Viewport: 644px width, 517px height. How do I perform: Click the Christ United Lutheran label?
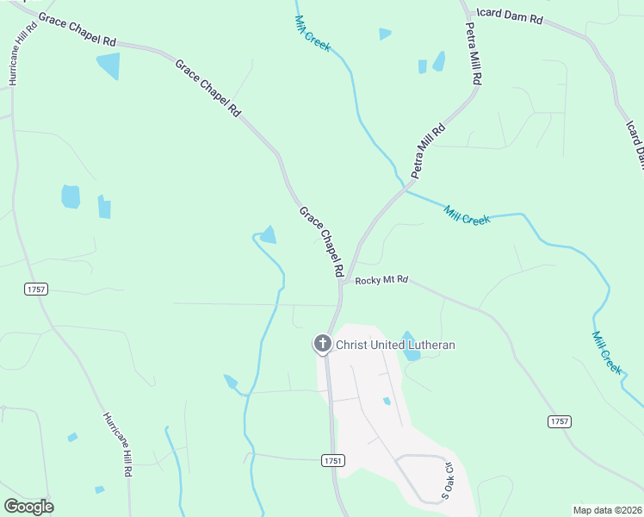click(x=395, y=346)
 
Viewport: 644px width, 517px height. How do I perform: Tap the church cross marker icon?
click(x=323, y=345)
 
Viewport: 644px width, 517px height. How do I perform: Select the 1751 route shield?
click(x=334, y=461)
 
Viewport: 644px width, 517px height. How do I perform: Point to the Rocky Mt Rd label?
click(x=381, y=280)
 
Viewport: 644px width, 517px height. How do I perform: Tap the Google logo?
click(x=28, y=507)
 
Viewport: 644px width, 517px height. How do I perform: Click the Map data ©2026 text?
click(x=608, y=509)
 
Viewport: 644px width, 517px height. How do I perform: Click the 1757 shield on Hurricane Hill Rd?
click(x=35, y=290)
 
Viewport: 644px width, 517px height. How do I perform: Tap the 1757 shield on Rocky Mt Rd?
click(x=559, y=420)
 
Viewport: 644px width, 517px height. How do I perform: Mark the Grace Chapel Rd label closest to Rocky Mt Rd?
click(x=321, y=241)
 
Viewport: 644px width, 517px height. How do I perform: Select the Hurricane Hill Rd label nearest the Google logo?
click(x=118, y=445)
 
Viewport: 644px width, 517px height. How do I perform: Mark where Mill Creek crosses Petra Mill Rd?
click(x=402, y=187)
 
